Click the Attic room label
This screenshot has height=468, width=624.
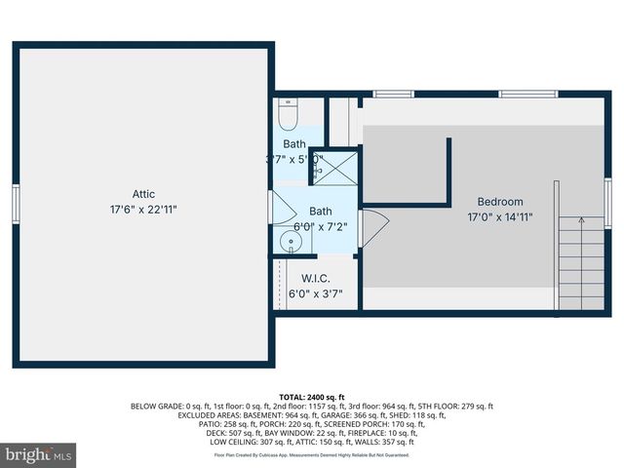(x=143, y=194)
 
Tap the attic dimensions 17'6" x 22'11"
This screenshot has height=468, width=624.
(x=143, y=210)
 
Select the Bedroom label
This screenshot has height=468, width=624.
(x=499, y=202)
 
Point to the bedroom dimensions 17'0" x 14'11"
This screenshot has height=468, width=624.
(x=499, y=217)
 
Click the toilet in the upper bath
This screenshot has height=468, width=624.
(x=288, y=117)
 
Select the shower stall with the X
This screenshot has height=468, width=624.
(x=333, y=165)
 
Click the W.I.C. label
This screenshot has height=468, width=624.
(x=315, y=279)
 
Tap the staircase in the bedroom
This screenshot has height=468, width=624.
(x=579, y=262)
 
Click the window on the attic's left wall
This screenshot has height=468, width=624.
(x=16, y=204)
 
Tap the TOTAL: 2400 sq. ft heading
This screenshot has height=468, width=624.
(x=312, y=398)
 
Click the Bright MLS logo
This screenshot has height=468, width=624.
(x=39, y=454)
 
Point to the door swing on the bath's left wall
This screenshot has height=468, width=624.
(x=281, y=208)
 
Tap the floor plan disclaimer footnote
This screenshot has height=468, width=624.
(x=312, y=455)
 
